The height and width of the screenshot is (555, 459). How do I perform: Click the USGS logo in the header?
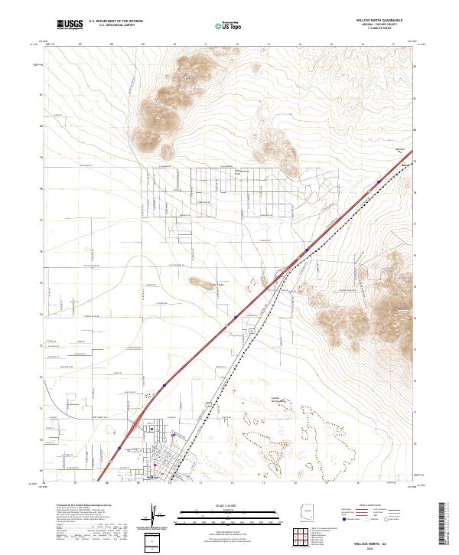pos(70,25)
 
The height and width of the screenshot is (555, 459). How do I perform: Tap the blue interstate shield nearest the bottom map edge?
pos(119,449)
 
